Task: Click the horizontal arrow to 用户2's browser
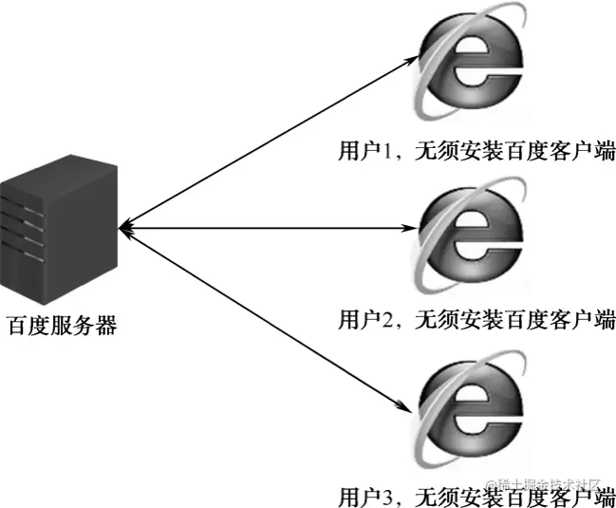tap(271, 228)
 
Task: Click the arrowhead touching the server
tap(127, 228)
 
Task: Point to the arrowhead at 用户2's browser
tap(414, 228)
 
